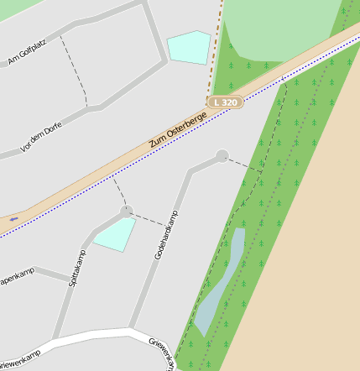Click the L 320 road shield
click(225, 102)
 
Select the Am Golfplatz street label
click(27, 51)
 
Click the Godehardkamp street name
click(166, 234)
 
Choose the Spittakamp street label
click(76, 268)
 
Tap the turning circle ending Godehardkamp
click(222, 155)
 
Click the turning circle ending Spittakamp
click(126, 212)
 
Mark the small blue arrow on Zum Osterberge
click(13, 219)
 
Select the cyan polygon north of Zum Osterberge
click(189, 47)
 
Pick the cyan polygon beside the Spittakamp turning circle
click(114, 234)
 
